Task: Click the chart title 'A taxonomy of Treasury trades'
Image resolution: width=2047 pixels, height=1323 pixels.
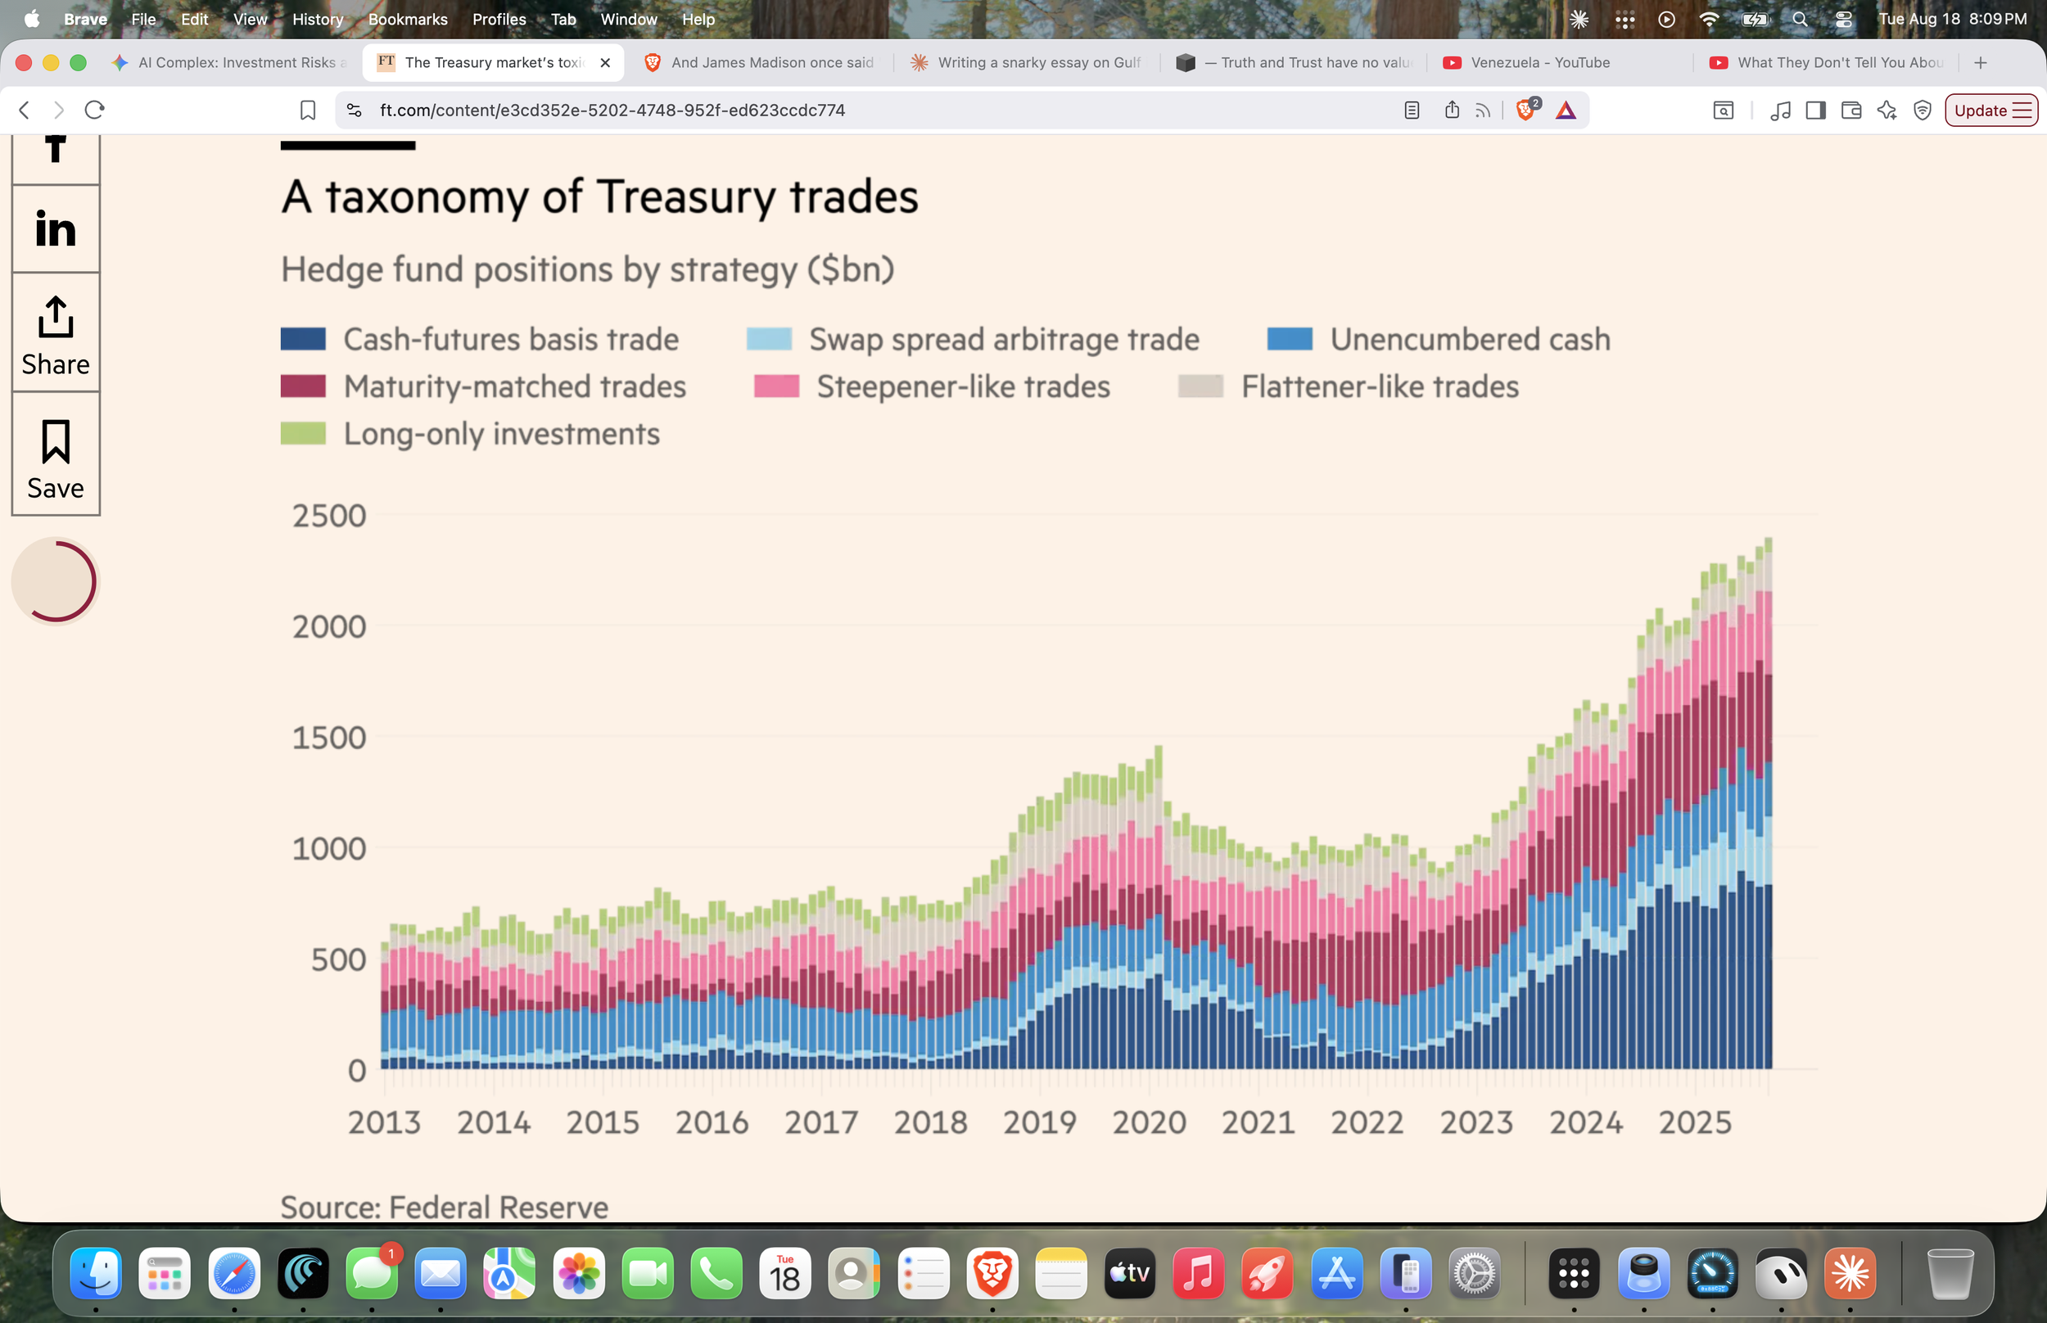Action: (x=599, y=196)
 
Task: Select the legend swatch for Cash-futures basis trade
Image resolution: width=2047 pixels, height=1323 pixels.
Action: (x=303, y=338)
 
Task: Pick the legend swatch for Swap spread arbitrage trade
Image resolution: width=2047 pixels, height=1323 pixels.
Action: (x=769, y=338)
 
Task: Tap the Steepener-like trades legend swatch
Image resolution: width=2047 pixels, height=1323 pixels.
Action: (x=776, y=386)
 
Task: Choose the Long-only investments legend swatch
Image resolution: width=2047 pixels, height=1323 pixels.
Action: (x=303, y=433)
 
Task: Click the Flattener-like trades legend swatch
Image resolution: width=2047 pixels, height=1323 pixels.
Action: (x=1201, y=386)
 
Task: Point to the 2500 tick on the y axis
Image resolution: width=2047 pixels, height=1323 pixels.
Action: (x=329, y=516)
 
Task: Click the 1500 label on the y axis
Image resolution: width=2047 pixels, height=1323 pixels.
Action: (x=329, y=737)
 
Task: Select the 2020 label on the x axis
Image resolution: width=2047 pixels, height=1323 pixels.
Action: (x=1150, y=1122)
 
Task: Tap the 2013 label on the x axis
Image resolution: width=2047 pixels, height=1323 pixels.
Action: (x=384, y=1122)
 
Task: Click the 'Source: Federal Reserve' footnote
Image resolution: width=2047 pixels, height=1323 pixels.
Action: (x=444, y=1207)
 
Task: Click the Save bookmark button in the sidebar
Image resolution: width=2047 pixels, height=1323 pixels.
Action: (x=56, y=455)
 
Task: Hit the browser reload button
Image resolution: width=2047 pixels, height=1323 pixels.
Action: (x=94, y=110)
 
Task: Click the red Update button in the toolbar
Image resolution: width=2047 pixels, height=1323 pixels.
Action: (x=1991, y=110)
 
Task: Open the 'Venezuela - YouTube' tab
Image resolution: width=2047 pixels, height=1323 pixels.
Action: (x=1539, y=63)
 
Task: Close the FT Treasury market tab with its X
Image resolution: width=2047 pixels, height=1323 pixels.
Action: (x=605, y=63)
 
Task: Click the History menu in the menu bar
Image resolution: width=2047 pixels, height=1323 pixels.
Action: (x=318, y=19)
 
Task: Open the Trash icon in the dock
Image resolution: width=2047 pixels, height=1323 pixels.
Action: (x=1950, y=1273)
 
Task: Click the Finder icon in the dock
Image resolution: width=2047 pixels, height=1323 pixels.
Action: (x=95, y=1273)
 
